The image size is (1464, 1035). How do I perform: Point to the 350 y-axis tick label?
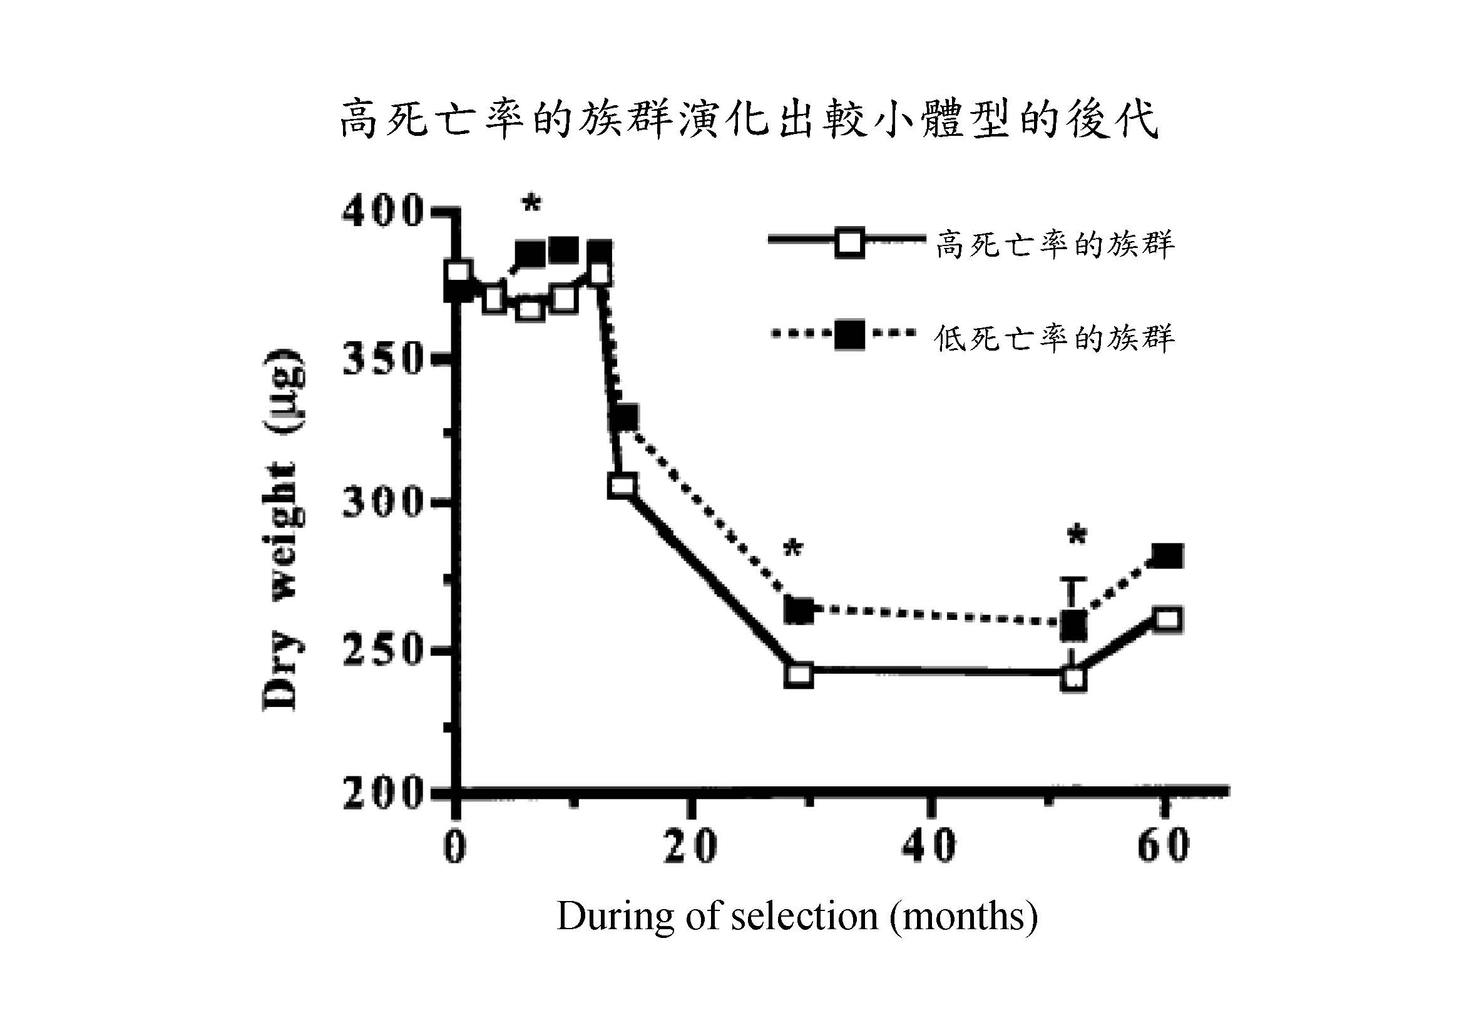[382, 359]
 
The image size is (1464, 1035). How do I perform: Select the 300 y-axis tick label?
[382, 503]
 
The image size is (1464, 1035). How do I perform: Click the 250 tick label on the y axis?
[382, 651]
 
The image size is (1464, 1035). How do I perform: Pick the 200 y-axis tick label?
[382, 794]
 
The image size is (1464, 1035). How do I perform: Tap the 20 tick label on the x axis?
[690, 847]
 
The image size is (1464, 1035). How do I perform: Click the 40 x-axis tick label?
[929, 847]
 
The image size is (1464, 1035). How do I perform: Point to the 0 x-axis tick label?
[454, 847]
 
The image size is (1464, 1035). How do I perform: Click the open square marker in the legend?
[849, 243]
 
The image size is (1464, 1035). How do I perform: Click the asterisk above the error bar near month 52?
[1077, 537]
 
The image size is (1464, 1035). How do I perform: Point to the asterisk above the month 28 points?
[792, 549]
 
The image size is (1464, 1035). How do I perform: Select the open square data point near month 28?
[799, 675]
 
